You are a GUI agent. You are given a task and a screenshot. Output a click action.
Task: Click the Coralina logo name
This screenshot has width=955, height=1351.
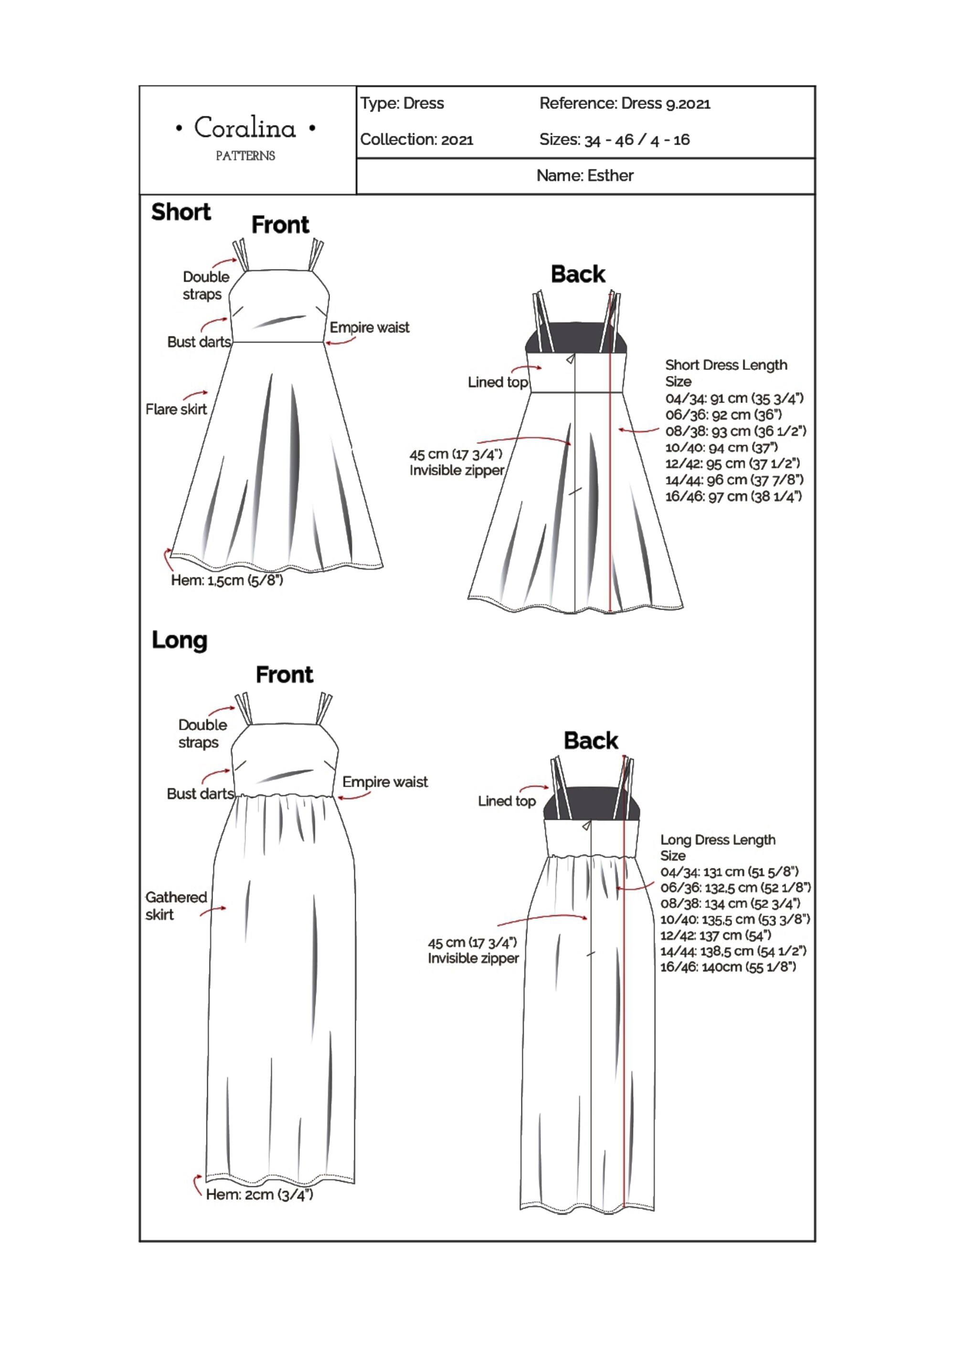coord(245,128)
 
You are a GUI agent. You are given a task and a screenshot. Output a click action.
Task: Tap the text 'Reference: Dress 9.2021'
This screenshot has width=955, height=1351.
coord(625,104)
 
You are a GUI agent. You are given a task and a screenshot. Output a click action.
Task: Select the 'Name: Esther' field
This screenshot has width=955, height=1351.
coord(584,175)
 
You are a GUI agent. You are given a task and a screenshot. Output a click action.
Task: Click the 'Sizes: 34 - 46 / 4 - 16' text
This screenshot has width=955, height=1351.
coord(614,139)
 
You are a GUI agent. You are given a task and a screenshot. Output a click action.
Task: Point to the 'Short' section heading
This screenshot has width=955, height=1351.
coord(181,212)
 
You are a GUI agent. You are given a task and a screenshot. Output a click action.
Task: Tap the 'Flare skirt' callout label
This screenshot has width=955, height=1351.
coord(176,409)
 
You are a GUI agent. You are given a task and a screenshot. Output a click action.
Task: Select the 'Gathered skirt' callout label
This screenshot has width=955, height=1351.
coord(176,906)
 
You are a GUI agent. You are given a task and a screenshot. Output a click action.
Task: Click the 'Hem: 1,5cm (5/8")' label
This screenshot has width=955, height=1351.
coord(227,580)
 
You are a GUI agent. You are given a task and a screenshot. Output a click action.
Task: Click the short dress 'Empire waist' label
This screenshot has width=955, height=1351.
coord(369,328)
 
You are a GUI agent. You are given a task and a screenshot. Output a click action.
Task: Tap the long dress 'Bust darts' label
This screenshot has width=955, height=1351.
coord(200,794)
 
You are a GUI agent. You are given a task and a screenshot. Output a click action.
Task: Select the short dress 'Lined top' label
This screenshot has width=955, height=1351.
coord(498,382)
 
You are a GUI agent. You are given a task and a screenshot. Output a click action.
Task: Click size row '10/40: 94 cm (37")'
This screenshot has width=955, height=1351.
coord(721,447)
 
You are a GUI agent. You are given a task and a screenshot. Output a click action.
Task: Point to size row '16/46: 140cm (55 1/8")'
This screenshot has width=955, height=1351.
coord(728,967)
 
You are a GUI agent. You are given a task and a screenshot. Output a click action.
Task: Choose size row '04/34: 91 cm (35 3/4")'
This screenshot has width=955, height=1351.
coord(734,398)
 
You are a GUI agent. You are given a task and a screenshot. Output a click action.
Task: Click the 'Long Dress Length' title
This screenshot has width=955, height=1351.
coord(718,840)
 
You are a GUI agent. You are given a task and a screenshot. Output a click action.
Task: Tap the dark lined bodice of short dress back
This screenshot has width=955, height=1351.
coord(575,338)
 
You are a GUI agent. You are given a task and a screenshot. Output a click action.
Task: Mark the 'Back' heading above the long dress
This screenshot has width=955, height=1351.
coord(591,741)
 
